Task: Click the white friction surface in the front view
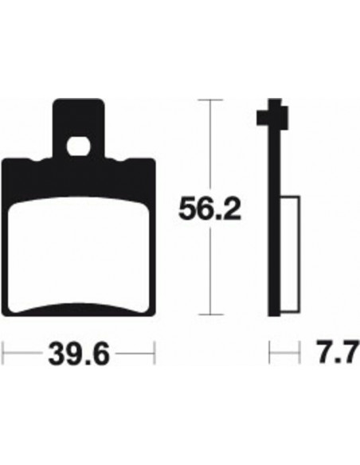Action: point(80,255)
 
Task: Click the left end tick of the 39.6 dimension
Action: point(4,351)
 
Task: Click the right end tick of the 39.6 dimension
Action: point(155,351)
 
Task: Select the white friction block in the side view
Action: point(292,255)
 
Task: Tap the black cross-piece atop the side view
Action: point(270,119)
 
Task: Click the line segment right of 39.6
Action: point(135,351)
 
